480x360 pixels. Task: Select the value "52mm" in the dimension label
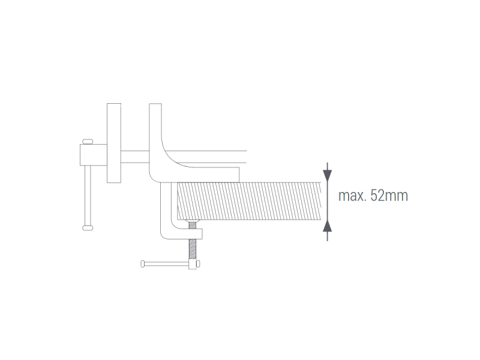(x=389, y=196)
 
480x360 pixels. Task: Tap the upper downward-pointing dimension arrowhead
(x=328, y=175)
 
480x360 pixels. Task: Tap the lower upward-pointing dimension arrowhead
(x=328, y=226)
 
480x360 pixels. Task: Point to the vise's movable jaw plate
(x=114, y=143)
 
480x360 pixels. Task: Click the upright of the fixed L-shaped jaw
(x=155, y=134)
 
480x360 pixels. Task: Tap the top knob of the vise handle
(x=88, y=142)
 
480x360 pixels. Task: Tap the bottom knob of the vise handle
(x=88, y=228)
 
